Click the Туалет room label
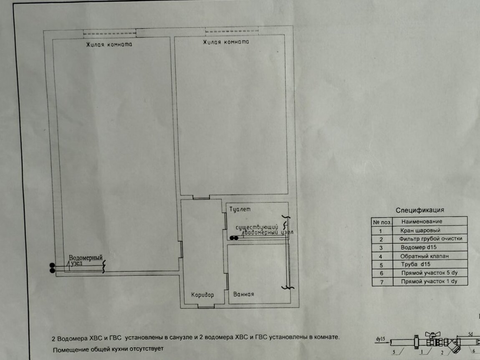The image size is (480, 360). coord(240,209)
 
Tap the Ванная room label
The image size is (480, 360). coord(244,294)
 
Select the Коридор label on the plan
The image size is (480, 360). coord(202,295)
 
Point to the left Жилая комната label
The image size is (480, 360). coord(109,44)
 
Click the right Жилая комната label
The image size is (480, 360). coord(226,42)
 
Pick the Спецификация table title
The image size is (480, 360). coord(420,210)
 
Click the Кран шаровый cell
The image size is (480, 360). coord(420,231)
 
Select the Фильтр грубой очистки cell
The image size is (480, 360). coord(430,238)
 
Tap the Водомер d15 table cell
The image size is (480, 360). coord(419,247)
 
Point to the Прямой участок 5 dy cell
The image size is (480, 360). coord(429,273)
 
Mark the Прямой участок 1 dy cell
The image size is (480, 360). coord(429,281)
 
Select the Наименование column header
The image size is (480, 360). coord(422,221)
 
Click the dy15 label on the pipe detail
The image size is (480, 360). coord(380,339)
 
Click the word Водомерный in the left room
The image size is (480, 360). coord(86,258)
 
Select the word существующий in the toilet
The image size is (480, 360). coord(257,227)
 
